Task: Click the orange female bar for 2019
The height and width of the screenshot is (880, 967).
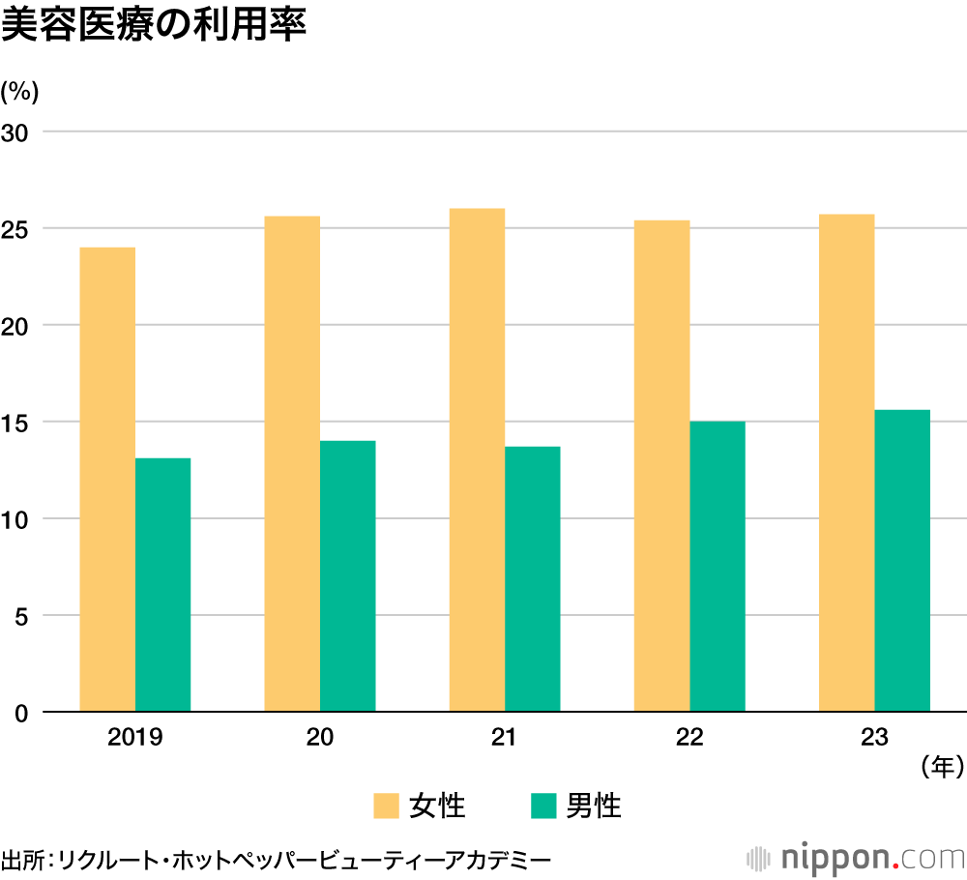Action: point(107,480)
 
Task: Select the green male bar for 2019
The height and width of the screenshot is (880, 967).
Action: point(162,585)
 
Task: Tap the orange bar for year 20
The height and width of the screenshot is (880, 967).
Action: point(292,464)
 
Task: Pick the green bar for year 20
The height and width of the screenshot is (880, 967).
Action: point(347,576)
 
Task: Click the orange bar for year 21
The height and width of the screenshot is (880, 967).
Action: point(477,460)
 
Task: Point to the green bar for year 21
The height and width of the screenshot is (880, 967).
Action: point(532,579)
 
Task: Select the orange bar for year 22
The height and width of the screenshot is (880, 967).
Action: point(661,466)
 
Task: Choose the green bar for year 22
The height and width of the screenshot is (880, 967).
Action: point(717,567)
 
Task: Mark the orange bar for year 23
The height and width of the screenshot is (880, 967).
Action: point(846,463)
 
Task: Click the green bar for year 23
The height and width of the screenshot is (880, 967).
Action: point(901,561)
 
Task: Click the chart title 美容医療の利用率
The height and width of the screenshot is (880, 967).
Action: point(154,26)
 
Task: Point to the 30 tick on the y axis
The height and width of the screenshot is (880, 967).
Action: point(19,132)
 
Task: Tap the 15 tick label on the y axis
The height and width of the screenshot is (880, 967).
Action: point(19,423)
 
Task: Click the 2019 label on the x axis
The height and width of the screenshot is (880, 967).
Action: point(134,737)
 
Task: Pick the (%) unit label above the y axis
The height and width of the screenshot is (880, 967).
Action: point(19,92)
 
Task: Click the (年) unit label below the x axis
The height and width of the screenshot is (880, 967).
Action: point(940,767)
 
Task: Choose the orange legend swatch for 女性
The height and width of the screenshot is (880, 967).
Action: point(386,806)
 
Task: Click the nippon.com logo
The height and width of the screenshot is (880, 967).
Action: point(856,857)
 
